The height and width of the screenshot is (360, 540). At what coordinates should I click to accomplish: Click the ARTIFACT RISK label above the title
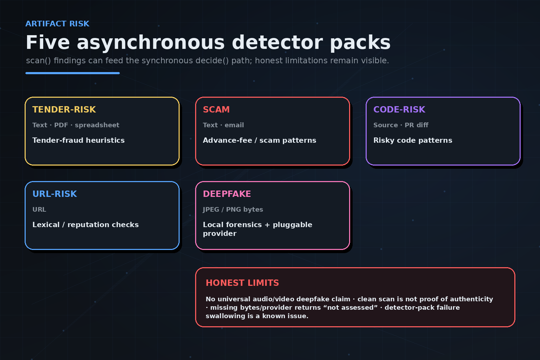pos(57,24)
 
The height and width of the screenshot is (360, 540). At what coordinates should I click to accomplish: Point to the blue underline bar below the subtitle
pos(72,73)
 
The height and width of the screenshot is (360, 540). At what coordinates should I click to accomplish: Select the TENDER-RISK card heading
pos(64,109)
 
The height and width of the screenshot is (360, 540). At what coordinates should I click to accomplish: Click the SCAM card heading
pos(216,109)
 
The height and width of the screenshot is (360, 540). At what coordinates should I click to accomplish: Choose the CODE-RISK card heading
pos(399,109)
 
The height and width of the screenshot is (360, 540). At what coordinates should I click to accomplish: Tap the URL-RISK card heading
pos(55,194)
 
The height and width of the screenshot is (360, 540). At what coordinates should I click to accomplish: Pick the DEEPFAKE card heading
pos(227,194)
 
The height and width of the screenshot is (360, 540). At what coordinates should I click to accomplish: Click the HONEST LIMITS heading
pos(242,283)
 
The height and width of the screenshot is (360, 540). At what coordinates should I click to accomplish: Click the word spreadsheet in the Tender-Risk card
pos(97,125)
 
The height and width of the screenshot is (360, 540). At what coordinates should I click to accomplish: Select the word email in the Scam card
pos(234,125)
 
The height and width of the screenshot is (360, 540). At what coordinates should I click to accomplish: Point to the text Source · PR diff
pos(401,125)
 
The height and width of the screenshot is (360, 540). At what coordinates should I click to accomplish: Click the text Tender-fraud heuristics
pos(78,140)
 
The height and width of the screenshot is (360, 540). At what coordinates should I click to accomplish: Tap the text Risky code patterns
pos(413,140)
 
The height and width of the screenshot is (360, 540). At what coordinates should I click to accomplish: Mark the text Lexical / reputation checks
pos(85,225)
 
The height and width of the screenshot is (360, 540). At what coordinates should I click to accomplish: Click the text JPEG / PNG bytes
pos(233,209)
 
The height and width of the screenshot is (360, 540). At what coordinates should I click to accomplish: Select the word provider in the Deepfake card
pos(220,234)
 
